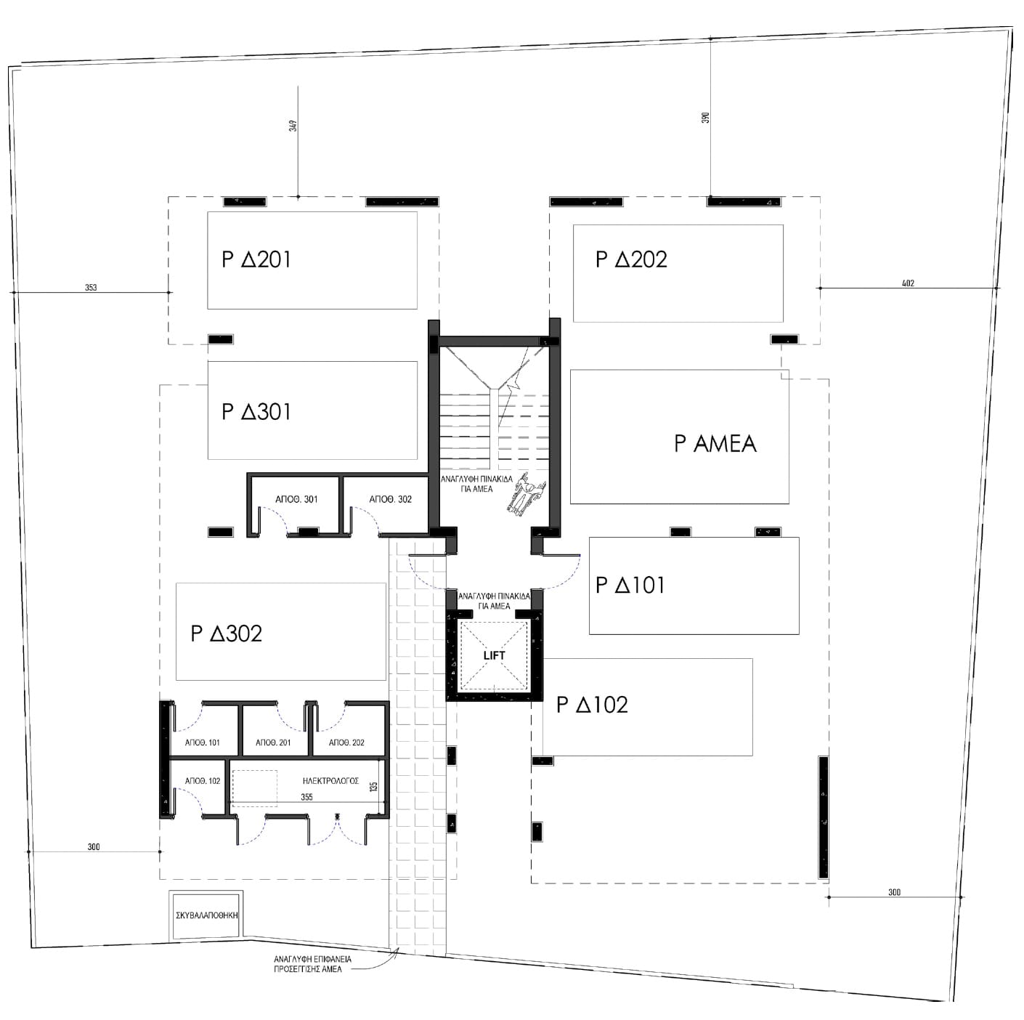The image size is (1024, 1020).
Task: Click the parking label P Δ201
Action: pyautogui.click(x=256, y=259)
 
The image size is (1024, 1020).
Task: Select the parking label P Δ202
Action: pyautogui.click(x=631, y=259)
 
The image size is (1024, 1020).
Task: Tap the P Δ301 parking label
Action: pyautogui.click(x=256, y=412)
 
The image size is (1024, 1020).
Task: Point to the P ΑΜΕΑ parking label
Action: pyautogui.click(x=715, y=443)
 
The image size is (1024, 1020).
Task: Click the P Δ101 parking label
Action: pyautogui.click(x=630, y=585)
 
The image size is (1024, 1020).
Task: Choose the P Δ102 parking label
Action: pyautogui.click(x=592, y=705)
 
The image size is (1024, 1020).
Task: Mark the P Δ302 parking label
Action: pyautogui.click(x=227, y=634)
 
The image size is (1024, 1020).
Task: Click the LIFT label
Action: pyautogui.click(x=494, y=656)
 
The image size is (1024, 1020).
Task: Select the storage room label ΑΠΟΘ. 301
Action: pyautogui.click(x=296, y=499)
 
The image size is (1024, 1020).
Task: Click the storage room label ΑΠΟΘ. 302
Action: pyautogui.click(x=391, y=499)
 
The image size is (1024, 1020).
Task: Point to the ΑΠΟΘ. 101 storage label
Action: pyautogui.click(x=203, y=742)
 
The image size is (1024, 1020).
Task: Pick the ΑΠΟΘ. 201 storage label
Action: pyautogui.click(x=273, y=742)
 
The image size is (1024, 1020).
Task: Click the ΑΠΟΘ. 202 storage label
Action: pyautogui.click(x=346, y=742)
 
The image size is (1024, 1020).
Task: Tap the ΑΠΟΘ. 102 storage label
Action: pyautogui.click(x=203, y=781)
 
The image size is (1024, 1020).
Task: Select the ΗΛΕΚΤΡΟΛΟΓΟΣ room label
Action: pyautogui.click(x=330, y=781)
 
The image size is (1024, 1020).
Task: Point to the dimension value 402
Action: pyautogui.click(x=908, y=283)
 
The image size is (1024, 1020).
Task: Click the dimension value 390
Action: pyautogui.click(x=706, y=118)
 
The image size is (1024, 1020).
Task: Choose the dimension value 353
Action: pyautogui.click(x=91, y=287)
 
